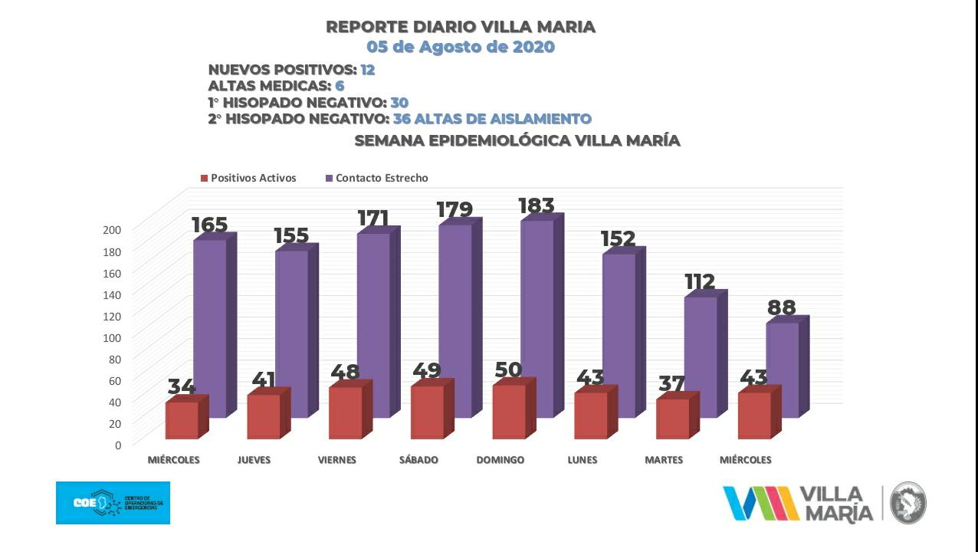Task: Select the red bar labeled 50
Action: (509, 411)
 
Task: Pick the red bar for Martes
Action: (672, 418)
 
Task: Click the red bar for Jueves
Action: (264, 416)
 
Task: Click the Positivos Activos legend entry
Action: (248, 178)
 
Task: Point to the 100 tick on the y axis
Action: (113, 337)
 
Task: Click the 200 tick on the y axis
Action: (113, 230)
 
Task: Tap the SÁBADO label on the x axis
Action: (418, 460)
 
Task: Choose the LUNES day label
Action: (583, 460)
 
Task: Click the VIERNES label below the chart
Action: (337, 460)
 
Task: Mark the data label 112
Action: (700, 282)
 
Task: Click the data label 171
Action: (373, 219)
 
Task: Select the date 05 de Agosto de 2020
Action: (460, 47)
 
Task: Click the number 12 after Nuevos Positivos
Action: (368, 70)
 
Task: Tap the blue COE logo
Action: (113, 503)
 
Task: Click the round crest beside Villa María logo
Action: (908, 503)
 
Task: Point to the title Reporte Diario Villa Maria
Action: (461, 27)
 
